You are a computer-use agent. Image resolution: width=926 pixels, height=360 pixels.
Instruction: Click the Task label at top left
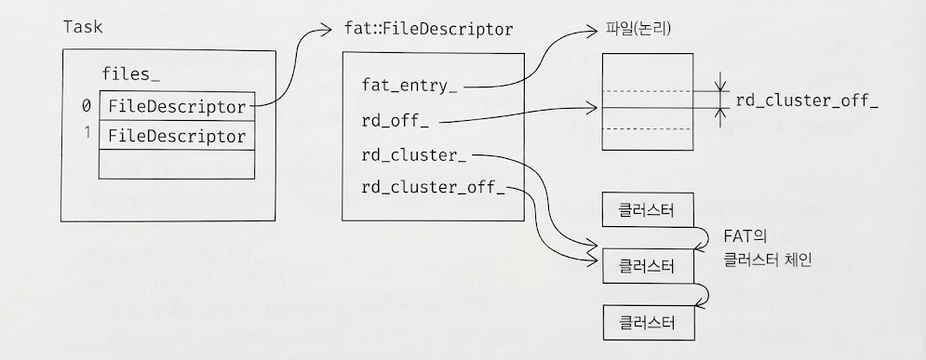pyautogui.click(x=82, y=28)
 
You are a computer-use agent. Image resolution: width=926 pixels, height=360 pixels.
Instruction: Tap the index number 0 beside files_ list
pyautogui.click(x=86, y=106)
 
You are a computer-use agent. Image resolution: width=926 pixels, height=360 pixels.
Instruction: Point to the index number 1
pyautogui.click(x=86, y=135)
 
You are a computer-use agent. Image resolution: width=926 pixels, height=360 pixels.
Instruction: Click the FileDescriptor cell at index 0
pyautogui.click(x=177, y=106)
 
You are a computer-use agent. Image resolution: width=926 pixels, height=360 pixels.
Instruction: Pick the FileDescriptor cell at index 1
pyautogui.click(x=177, y=136)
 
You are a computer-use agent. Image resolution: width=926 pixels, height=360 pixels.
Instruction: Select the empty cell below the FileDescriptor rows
pyautogui.click(x=177, y=165)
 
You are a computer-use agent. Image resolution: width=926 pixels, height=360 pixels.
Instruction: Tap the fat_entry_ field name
pyautogui.click(x=409, y=87)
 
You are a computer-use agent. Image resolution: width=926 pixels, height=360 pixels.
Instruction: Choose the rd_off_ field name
pyautogui.click(x=396, y=121)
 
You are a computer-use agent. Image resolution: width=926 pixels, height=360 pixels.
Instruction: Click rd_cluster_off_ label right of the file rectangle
pyautogui.click(x=806, y=100)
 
